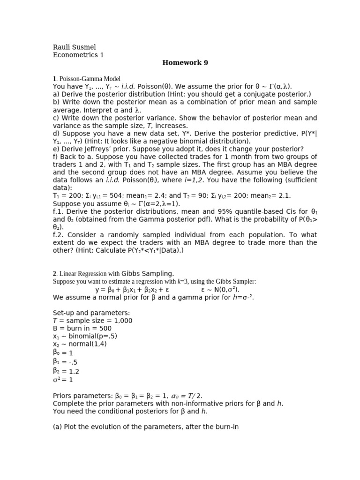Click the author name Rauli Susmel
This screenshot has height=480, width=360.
[x=74, y=47]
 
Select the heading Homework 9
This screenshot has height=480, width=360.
[x=185, y=63]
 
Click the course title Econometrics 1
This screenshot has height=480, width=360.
[x=78, y=55]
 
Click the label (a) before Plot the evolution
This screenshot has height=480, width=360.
[x=57, y=427]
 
